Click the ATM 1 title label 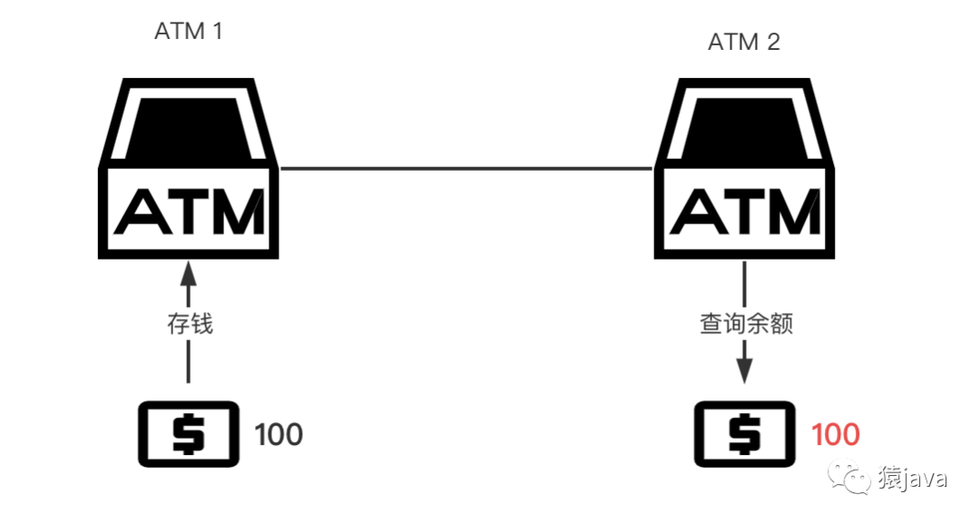189,31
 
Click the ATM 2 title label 744,42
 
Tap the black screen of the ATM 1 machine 188,128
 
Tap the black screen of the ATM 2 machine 744,128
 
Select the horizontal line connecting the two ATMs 466,168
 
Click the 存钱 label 190,324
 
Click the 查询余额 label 746,324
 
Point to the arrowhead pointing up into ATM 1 188,274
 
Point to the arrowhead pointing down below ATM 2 744,371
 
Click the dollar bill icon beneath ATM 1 188,434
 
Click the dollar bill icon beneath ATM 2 744,434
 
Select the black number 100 279,435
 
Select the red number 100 835,435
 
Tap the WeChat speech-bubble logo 848,477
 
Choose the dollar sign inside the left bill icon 188,434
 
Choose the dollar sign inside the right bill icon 744,434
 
